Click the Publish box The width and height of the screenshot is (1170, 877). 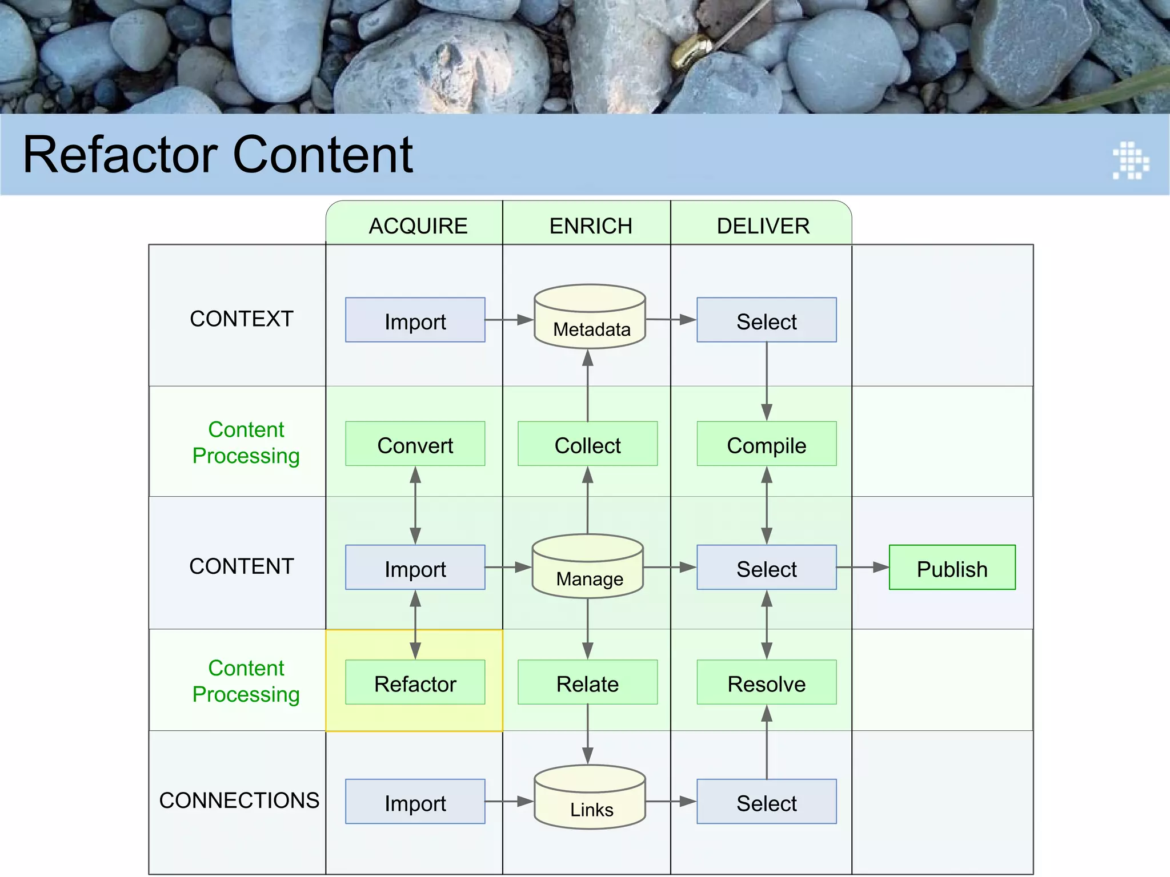[952, 568]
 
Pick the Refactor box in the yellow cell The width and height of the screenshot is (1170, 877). [415, 682]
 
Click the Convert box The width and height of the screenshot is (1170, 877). [415, 444]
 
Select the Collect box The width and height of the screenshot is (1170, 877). [587, 444]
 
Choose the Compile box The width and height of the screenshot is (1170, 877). [766, 444]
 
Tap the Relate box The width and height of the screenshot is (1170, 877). [587, 682]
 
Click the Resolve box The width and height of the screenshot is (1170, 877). [766, 682]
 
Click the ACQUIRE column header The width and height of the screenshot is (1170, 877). [418, 226]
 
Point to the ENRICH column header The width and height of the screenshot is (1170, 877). [591, 226]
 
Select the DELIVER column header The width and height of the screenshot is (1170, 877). [763, 226]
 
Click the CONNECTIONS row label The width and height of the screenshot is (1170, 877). [239, 800]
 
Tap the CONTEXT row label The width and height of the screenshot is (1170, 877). [241, 319]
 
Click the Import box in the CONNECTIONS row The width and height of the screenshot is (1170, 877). [415, 802]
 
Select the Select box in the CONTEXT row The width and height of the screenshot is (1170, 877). [766, 320]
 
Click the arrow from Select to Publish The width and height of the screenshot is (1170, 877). [863, 568]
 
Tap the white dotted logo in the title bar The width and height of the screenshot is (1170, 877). [1131, 160]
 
